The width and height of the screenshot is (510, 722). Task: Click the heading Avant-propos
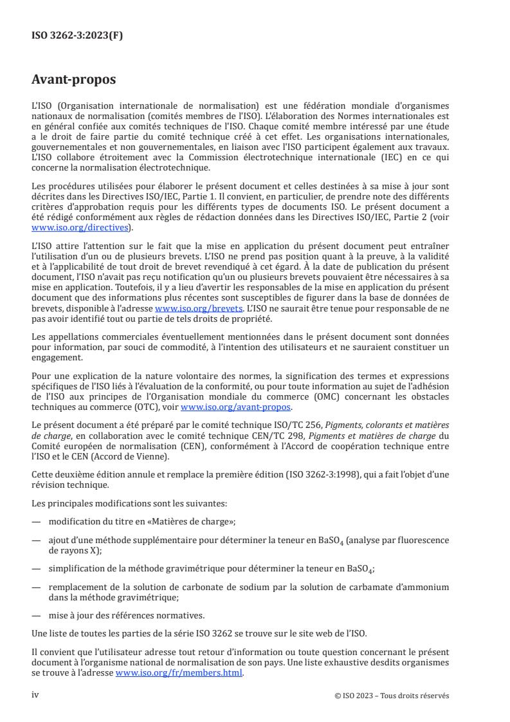tap(74, 80)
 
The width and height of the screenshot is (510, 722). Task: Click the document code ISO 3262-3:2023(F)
tap(77, 36)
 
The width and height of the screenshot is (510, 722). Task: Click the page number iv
tap(36, 695)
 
